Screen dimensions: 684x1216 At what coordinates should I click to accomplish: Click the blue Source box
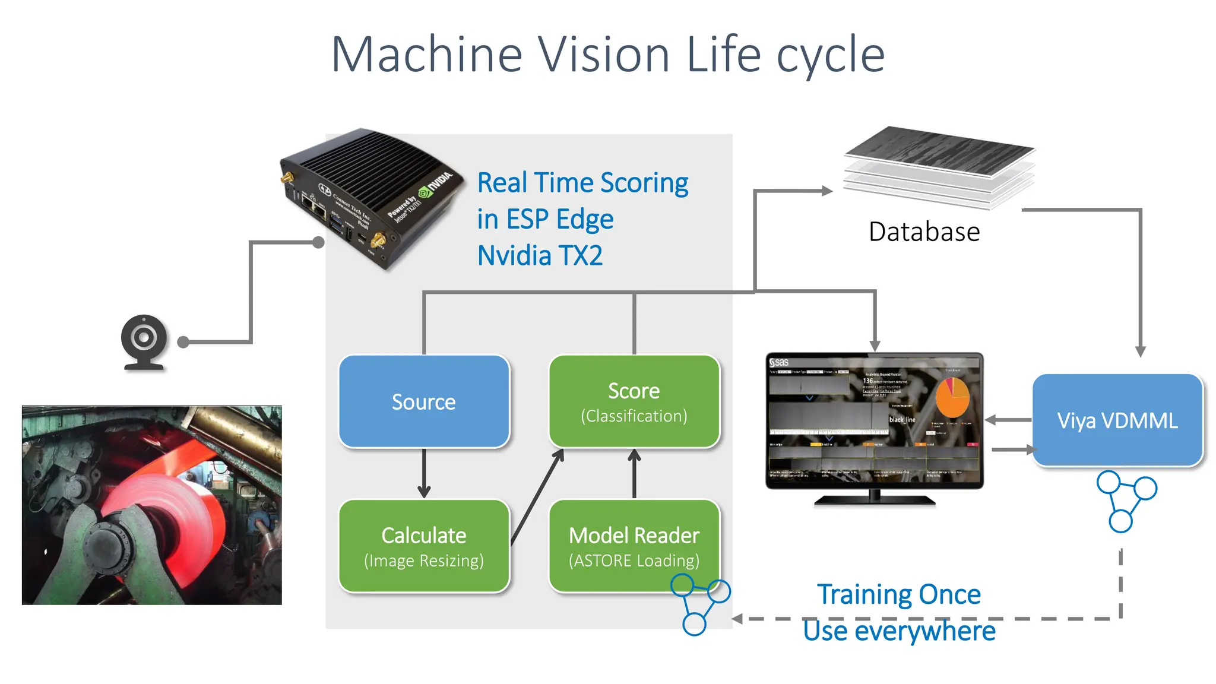pyautogui.click(x=424, y=401)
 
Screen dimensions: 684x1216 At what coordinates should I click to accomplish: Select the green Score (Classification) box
pyautogui.click(x=634, y=401)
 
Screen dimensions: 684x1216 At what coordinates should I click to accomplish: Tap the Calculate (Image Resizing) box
pyautogui.click(x=424, y=546)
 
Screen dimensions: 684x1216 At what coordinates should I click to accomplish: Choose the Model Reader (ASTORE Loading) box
pyautogui.click(x=634, y=546)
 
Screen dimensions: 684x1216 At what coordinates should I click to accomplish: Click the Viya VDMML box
pyautogui.click(x=1117, y=420)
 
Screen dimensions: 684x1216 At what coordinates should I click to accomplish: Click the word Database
pyautogui.click(x=924, y=232)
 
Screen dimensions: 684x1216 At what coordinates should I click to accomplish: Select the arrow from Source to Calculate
pyautogui.click(x=424, y=473)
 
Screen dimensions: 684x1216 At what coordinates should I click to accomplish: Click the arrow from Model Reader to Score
pyautogui.click(x=634, y=473)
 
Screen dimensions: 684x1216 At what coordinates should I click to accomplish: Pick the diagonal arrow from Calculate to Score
pyautogui.click(x=537, y=496)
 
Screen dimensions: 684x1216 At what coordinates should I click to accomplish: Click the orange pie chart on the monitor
pyautogui.click(x=952, y=398)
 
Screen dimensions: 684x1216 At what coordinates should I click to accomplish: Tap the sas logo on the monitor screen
pyautogui.click(x=779, y=362)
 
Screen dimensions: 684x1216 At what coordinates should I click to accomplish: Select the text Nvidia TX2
pyautogui.click(x=540, y=256)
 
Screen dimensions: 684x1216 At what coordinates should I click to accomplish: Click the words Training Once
pyautogui.click(x=898, y=594)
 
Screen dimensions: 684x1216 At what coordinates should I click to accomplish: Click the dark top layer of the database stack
pyautogui.click(x=939, y=150)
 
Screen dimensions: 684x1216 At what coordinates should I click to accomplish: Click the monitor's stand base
pyautogui.click(x=875, y=501)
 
